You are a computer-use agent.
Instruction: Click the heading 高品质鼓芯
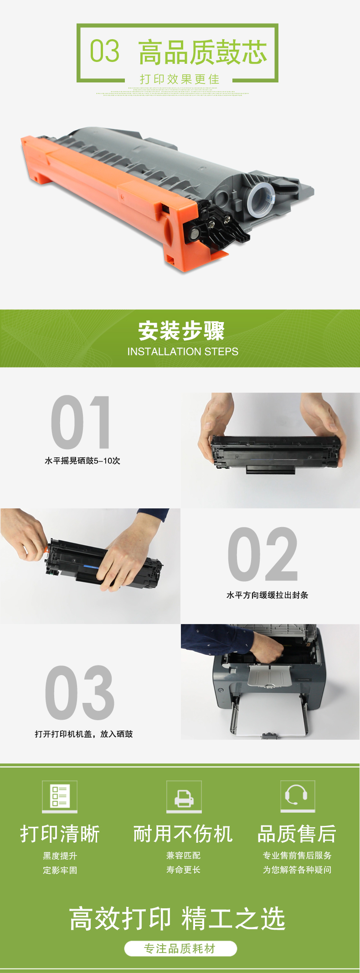coord(203,52)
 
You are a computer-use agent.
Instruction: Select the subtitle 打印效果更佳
coord(180,79)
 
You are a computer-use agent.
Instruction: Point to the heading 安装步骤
coord(181,331)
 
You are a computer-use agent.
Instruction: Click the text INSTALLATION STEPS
coord(183,352)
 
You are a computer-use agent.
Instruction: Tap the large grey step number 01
coord(81,422)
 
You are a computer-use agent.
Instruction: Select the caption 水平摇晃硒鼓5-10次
coord(82,461)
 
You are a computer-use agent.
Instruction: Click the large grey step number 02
coord(263,554)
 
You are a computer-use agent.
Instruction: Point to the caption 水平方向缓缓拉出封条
coord(267,595)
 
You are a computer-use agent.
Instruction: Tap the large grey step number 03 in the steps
coord(80,692)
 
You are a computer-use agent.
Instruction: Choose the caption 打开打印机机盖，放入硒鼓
coord(84,734)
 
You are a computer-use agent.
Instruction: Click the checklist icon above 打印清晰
coord(60,796)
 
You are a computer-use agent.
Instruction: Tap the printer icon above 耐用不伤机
coord(184,796)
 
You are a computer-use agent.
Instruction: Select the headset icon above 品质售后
coord(298,796)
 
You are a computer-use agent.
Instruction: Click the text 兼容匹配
coord(184,855)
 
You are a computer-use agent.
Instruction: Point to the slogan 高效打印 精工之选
coord(177,918)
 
